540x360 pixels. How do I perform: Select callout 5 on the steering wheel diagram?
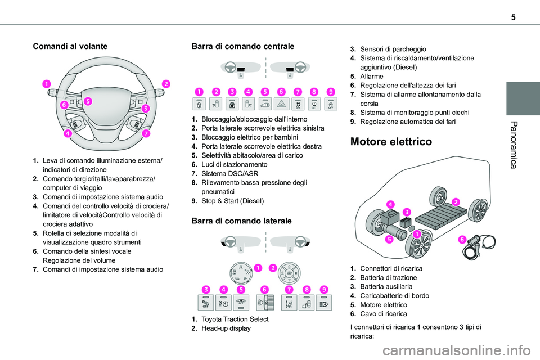pyautogui.click(x=89, y=101)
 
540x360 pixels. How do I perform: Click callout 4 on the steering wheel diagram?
pyautogui.click(x=67, y=134)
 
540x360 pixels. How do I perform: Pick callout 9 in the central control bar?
pyautogui.click(x=331, y=91)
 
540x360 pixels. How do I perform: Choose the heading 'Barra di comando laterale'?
pyautogui.click(x=242, y=221)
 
